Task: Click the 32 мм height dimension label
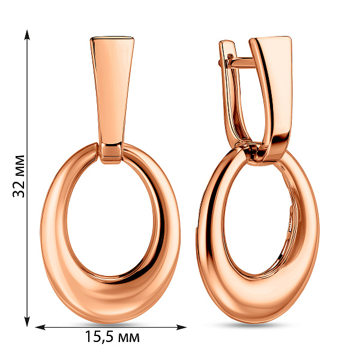coord(19,176)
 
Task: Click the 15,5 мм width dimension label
coord(112,337)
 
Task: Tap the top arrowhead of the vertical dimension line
coord(28,35)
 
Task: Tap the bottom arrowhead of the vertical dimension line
coord(28,321)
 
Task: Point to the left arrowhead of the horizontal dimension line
coord(40,327)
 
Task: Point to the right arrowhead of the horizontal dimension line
coord(181,327)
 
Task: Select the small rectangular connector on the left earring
coord(112,153)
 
